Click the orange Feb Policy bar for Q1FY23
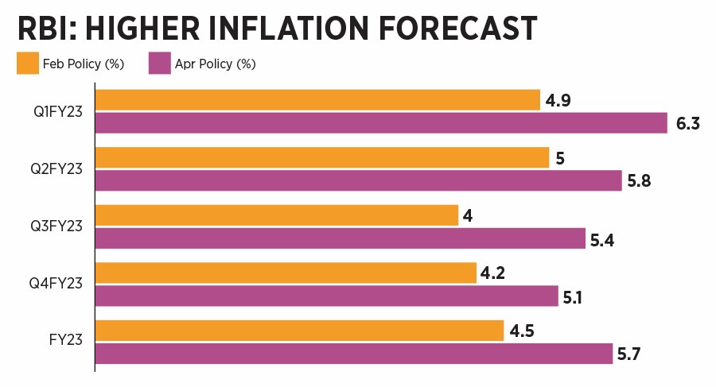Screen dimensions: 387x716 (x=317, y=100)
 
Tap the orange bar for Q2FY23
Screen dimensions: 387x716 (x=322, y=157)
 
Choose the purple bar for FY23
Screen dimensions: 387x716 (x=354, y=354)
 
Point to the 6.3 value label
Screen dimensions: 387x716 (x=687, y=124)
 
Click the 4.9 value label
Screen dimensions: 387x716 (x=559, y=102)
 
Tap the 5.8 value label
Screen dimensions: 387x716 (x=640, y=182)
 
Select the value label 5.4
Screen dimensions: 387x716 (x=604, y=239)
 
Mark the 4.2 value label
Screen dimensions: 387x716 (x=492, y=274)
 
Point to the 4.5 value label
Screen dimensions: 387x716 (x=522, y=331)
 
